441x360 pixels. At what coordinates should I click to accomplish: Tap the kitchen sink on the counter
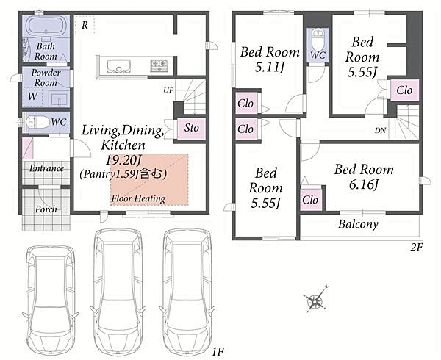tap(118, 66)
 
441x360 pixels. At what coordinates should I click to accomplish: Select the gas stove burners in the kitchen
tap(159, 66)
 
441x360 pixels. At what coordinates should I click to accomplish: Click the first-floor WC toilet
tap(36, 123)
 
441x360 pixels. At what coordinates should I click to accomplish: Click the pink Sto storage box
tap(191, 129)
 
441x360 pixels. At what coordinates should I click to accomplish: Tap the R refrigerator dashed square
tap(85, 25)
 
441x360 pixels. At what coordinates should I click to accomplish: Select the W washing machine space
tap(32, 97)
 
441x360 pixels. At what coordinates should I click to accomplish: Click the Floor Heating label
tap(138, 198)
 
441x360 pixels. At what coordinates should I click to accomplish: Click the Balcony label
tap(358, 224)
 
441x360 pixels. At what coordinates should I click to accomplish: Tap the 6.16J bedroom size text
tap(363, 184)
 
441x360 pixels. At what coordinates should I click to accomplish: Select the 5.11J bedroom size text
tap(270, 67)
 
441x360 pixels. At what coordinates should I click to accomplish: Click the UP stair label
tap(168, 90)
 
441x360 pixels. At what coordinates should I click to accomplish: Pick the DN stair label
tap(380, 130)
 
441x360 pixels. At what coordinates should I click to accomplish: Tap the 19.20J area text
tap(123, 160)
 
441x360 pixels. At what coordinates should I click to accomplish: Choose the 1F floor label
tap(218, 351)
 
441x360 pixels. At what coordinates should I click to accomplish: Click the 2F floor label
tap(416, 248)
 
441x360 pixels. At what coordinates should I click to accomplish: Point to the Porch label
tap(46, 209)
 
